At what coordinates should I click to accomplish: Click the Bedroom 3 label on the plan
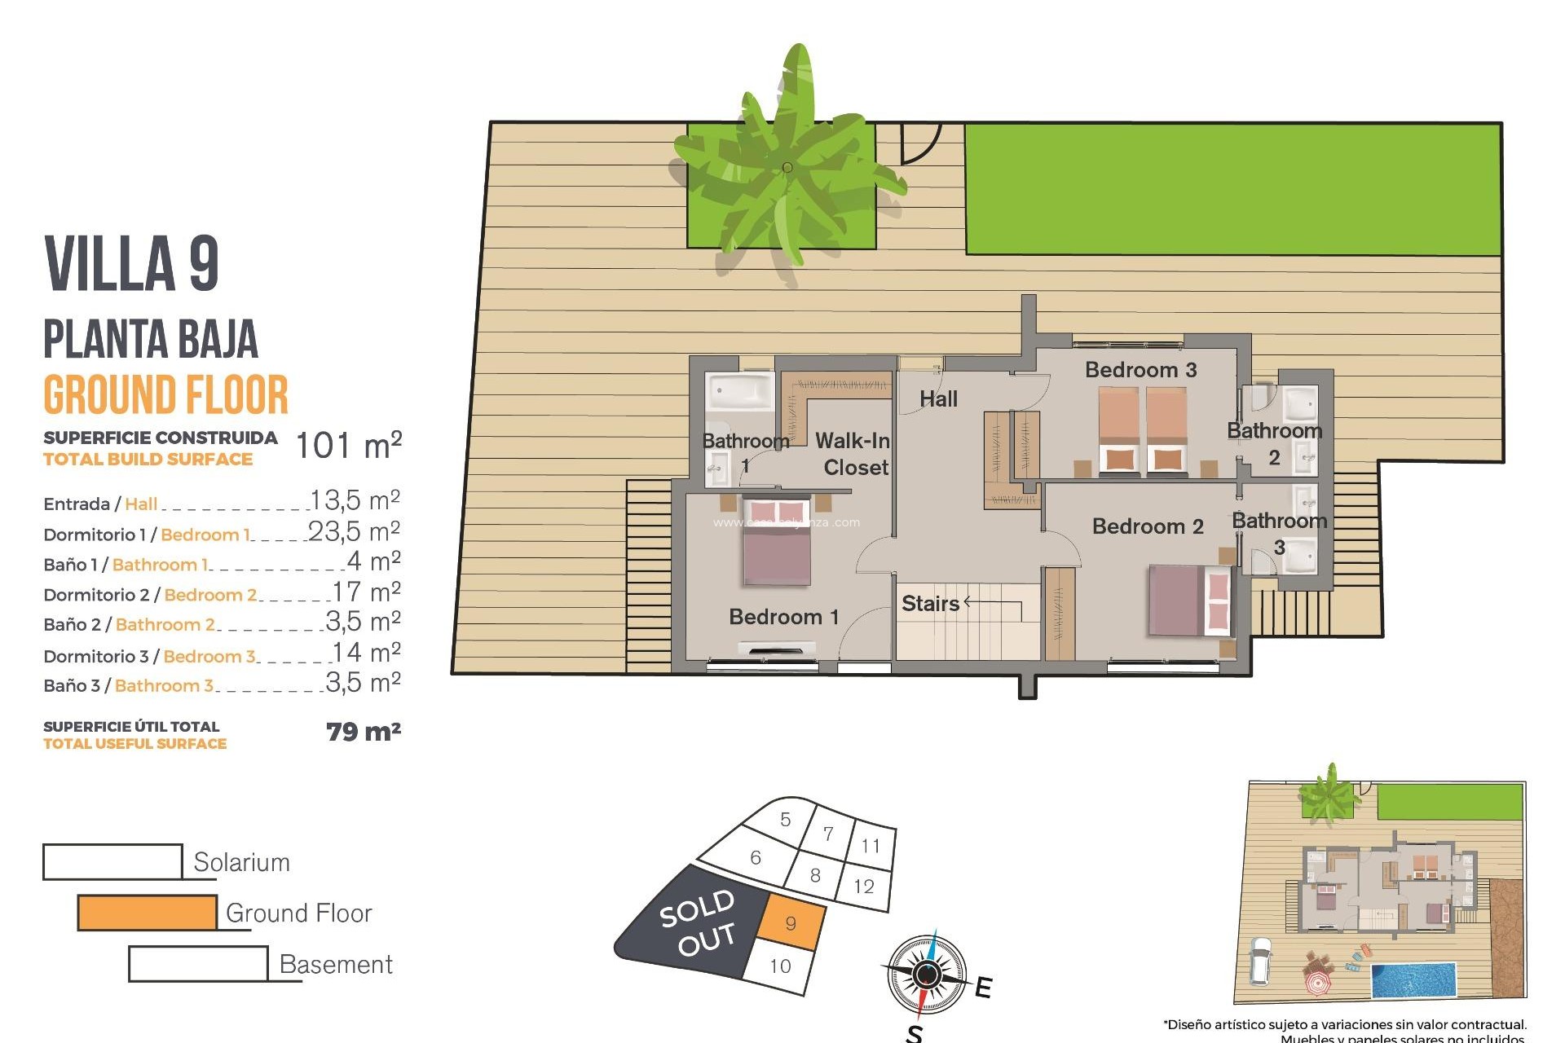1140,370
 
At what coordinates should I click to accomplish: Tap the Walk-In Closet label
853,454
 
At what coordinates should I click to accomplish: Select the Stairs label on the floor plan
930,604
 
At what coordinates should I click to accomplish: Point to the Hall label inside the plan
938,399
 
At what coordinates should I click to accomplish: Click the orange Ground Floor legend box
148,913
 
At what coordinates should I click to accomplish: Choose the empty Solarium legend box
112,862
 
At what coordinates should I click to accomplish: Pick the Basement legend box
198,964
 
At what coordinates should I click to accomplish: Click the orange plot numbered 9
791,922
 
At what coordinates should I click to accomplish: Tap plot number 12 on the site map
864,887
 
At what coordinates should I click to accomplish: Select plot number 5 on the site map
785,819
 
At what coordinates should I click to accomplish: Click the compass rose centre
926,974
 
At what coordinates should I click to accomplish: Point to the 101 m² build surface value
348,446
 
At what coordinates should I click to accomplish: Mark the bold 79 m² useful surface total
363,732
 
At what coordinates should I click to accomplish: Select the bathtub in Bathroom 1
740,392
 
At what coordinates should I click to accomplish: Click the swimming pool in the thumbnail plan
1413,981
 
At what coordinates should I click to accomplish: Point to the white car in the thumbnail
1260,959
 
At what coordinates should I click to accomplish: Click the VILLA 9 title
132,263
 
